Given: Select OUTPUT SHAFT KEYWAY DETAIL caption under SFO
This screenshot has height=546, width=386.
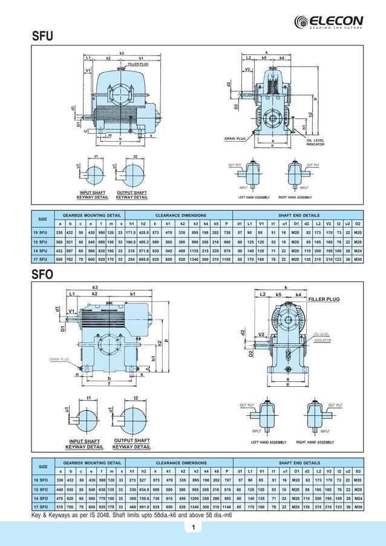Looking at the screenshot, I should pos(132,444).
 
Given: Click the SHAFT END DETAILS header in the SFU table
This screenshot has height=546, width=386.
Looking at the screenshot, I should pos(298,214).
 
